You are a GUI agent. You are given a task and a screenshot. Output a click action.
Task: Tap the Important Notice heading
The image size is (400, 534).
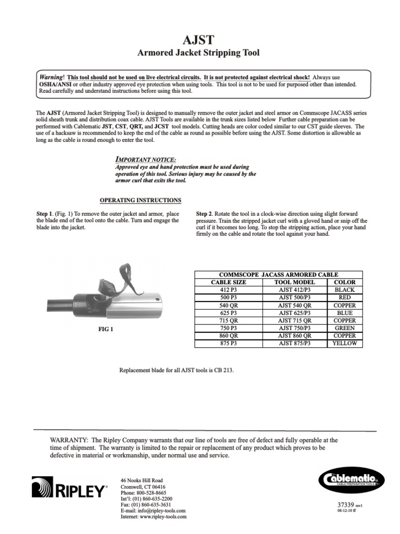pyautogui.click(x=145, y=159)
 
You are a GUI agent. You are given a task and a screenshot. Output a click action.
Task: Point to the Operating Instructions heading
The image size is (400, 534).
pyautogui.click(x=140, y=200)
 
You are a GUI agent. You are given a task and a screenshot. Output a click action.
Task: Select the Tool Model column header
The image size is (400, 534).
pyautogui.click(x=294, y=282)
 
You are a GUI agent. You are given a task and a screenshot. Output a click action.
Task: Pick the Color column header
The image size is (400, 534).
pyautogui.click(x=344, y=282)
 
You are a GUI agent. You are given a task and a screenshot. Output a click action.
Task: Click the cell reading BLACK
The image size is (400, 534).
pyautogui.click(x=344, y=289)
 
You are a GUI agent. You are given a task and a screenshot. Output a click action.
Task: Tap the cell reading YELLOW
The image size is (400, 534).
pyautogui.click(x=344, y=344)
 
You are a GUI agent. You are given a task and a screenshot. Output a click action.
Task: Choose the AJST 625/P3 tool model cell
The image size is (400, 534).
pyautogui.click(x=294, y=313)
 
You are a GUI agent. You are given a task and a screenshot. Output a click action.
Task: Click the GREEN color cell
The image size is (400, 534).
pyautogui.click(x=344, y=328)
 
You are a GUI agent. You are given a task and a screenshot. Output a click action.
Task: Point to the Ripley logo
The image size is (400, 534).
pyautogui.click(x=69, y=490)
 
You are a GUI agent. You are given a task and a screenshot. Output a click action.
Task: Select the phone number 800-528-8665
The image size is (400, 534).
pyautogui.click(x=151, y=492)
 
